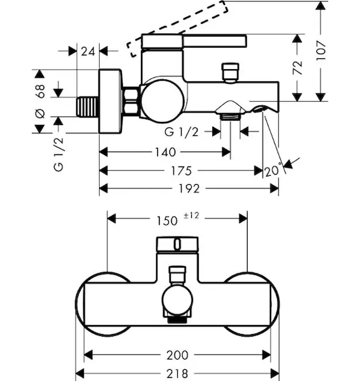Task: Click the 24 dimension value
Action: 88,51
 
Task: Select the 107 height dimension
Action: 321,51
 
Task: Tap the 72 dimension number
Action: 297,67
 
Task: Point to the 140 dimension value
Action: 166,152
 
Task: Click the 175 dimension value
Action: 182,171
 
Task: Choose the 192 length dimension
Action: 189,189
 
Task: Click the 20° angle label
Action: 273,170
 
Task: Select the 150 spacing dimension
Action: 167,221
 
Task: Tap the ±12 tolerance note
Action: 191,215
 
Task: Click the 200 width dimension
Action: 177,355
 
